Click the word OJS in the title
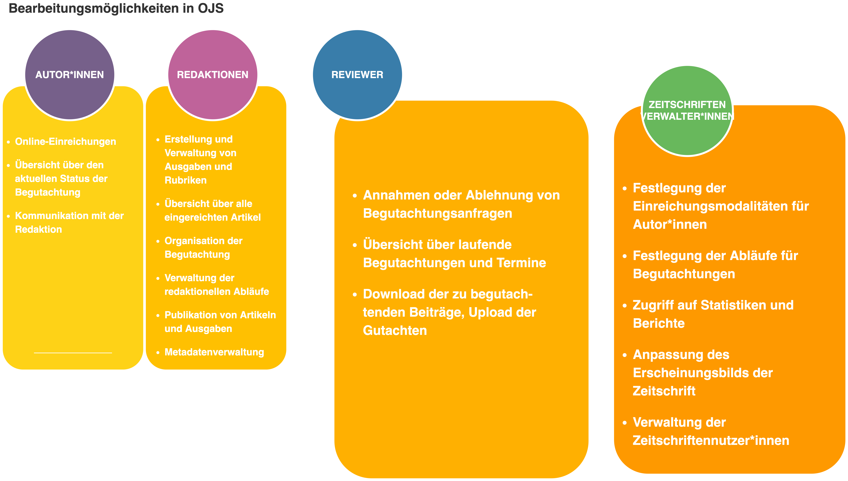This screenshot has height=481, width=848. (211, 8)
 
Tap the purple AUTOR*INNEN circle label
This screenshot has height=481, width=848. (70, 75)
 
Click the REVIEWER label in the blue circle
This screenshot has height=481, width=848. (357, 75)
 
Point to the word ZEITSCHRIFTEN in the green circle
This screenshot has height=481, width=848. (687, 105)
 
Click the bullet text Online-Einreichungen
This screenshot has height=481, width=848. (66, 141)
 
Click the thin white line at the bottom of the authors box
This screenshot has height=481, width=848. (73, 353)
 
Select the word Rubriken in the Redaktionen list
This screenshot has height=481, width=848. (185, 180)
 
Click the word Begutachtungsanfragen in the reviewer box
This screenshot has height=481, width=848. (437, 213)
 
